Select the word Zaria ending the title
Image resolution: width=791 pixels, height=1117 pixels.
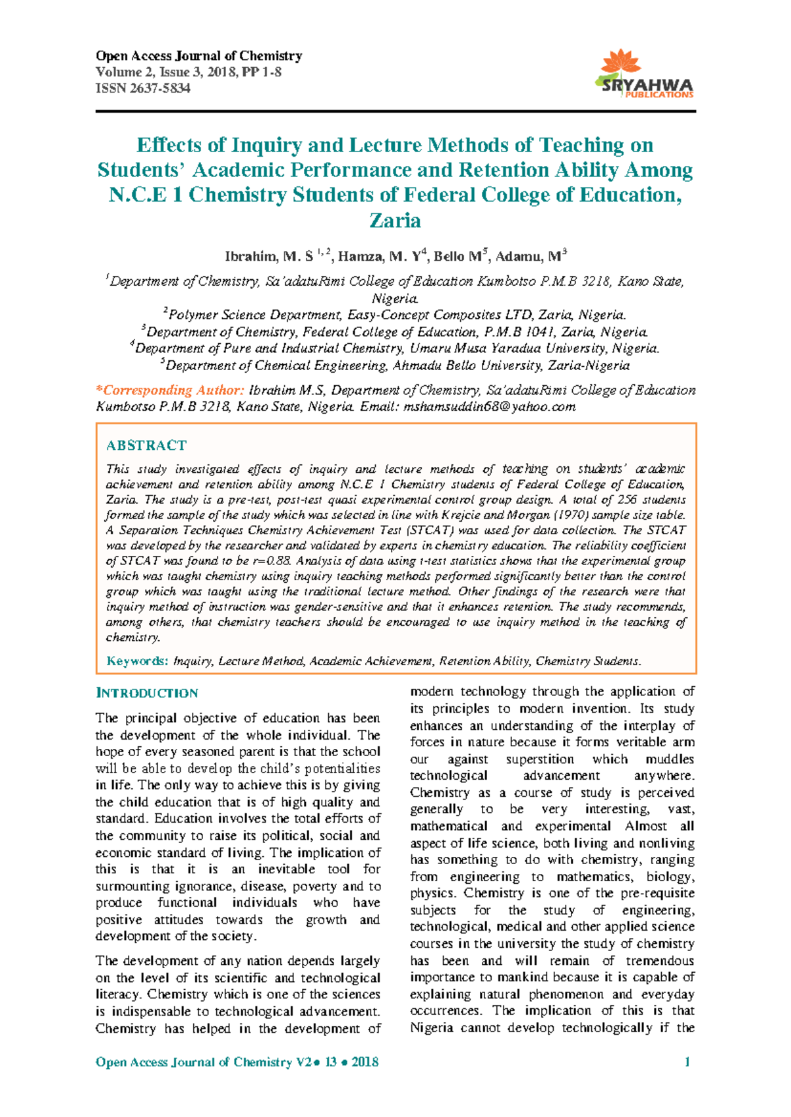395,220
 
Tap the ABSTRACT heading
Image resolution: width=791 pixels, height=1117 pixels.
146,446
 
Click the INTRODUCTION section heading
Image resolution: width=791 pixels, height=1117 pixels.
146,693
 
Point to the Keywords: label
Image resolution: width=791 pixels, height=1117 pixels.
138,661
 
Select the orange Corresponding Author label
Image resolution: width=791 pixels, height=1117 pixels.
171,391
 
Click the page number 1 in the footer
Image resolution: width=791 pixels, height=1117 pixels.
688,1062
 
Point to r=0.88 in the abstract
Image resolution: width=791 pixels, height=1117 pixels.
272,561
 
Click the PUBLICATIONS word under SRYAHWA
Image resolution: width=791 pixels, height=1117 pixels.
659,95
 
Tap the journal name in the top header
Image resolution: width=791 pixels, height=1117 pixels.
199,56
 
